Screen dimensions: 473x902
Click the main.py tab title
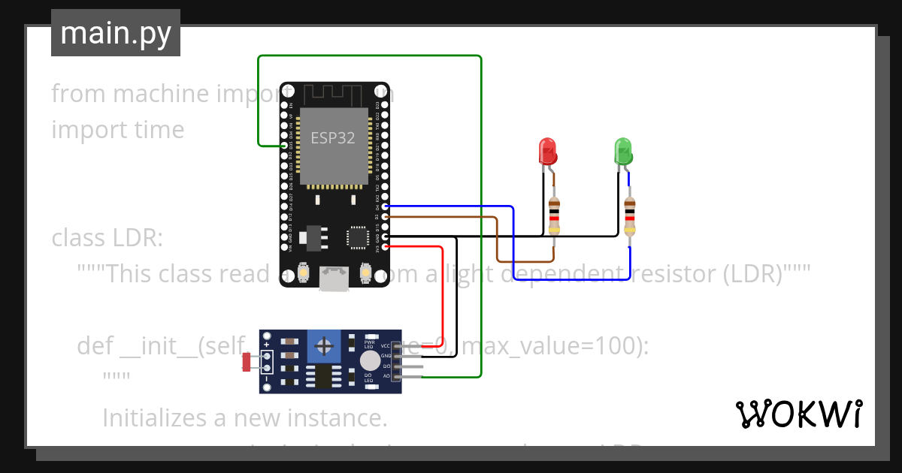coord(115,33)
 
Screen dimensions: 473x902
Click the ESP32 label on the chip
coord(333,138)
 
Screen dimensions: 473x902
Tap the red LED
coord(547,152)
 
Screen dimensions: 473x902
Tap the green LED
coord(622,152)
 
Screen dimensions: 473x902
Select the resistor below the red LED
coord(555,215)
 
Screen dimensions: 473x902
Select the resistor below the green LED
coord(630,215)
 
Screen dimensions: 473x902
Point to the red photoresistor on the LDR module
coord(247,362)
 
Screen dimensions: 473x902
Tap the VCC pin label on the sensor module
coord(386,345)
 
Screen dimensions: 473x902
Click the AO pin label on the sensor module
coord(386,375)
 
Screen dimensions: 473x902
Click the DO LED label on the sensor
coord(369,378)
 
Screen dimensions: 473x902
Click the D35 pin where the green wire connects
coord(283,145)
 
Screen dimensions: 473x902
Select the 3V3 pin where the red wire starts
coord(385,246)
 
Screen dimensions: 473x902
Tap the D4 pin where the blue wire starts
coord(385,206)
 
